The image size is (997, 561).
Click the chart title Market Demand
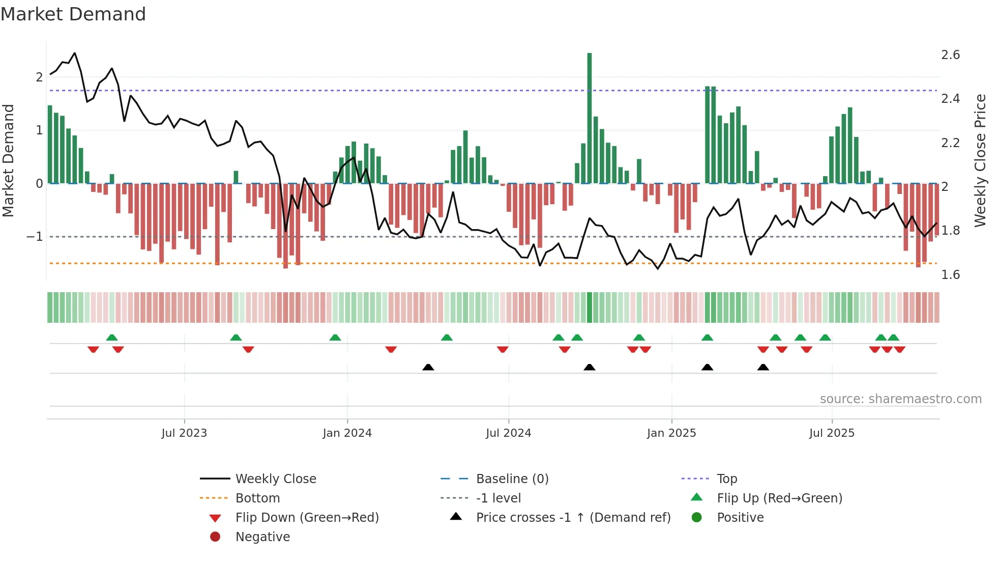[73, 14]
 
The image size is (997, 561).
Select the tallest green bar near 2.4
[590, 117]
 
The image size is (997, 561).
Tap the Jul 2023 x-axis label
[184, 433]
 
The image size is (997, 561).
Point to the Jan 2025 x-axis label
[671, 433]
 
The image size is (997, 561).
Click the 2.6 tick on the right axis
[950, 55]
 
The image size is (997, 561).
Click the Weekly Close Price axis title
[980, 160]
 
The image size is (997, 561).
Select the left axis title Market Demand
[8, 160]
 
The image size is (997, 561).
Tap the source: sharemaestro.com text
[900, 399]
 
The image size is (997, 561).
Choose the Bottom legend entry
[257, 498]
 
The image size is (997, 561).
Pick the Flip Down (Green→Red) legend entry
[307, 518]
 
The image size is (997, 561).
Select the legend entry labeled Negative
[262, 537]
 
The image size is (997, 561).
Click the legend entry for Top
[727, 479]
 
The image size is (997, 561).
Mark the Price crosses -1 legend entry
[573, 518]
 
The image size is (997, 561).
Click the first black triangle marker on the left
[428, 367]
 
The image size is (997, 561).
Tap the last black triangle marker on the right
[763, 367]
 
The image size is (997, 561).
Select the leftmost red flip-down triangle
[93, 350]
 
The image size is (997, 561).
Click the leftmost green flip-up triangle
[112, 337]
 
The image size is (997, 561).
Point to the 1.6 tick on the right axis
[950, 275]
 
